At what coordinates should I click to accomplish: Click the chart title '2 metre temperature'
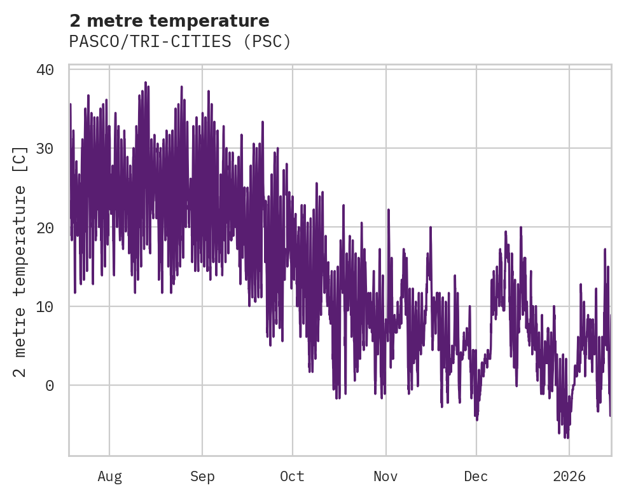(x=169, y=21)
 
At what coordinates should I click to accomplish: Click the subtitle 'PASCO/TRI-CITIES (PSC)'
(x=180, y=41)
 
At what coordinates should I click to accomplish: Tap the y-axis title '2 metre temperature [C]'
(x=20, y=261)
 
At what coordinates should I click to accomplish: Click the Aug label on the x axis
(x=109, y=477)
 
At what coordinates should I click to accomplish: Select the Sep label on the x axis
(x=202, y=477)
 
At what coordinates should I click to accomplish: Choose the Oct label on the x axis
(x=293, y=477)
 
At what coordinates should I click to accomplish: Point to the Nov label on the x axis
(x=385, y=477)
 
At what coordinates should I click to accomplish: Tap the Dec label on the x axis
(x=476, y=477)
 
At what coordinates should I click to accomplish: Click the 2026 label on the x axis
(x=569, y=477)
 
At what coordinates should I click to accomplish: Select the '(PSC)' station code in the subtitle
(x=268, y=41)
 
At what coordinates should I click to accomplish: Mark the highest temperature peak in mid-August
(x=145, y=83)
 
